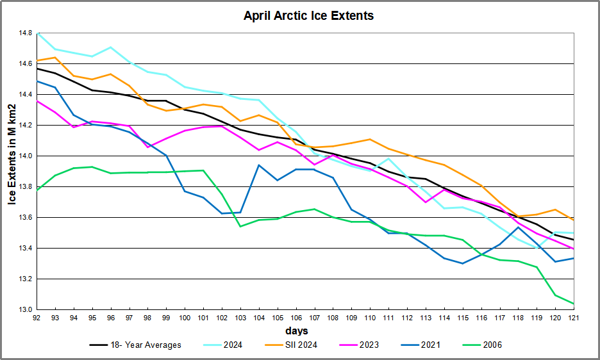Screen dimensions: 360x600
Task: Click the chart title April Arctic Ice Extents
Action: pos(308,15)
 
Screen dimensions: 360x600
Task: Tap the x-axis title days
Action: pos(297,331)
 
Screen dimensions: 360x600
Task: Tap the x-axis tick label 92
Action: pos(38,318)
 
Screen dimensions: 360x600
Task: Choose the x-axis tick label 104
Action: pos(259,318)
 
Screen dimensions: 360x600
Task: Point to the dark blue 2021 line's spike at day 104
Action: pos(259,165)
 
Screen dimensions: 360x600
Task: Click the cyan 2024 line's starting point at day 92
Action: pos(38,33)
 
